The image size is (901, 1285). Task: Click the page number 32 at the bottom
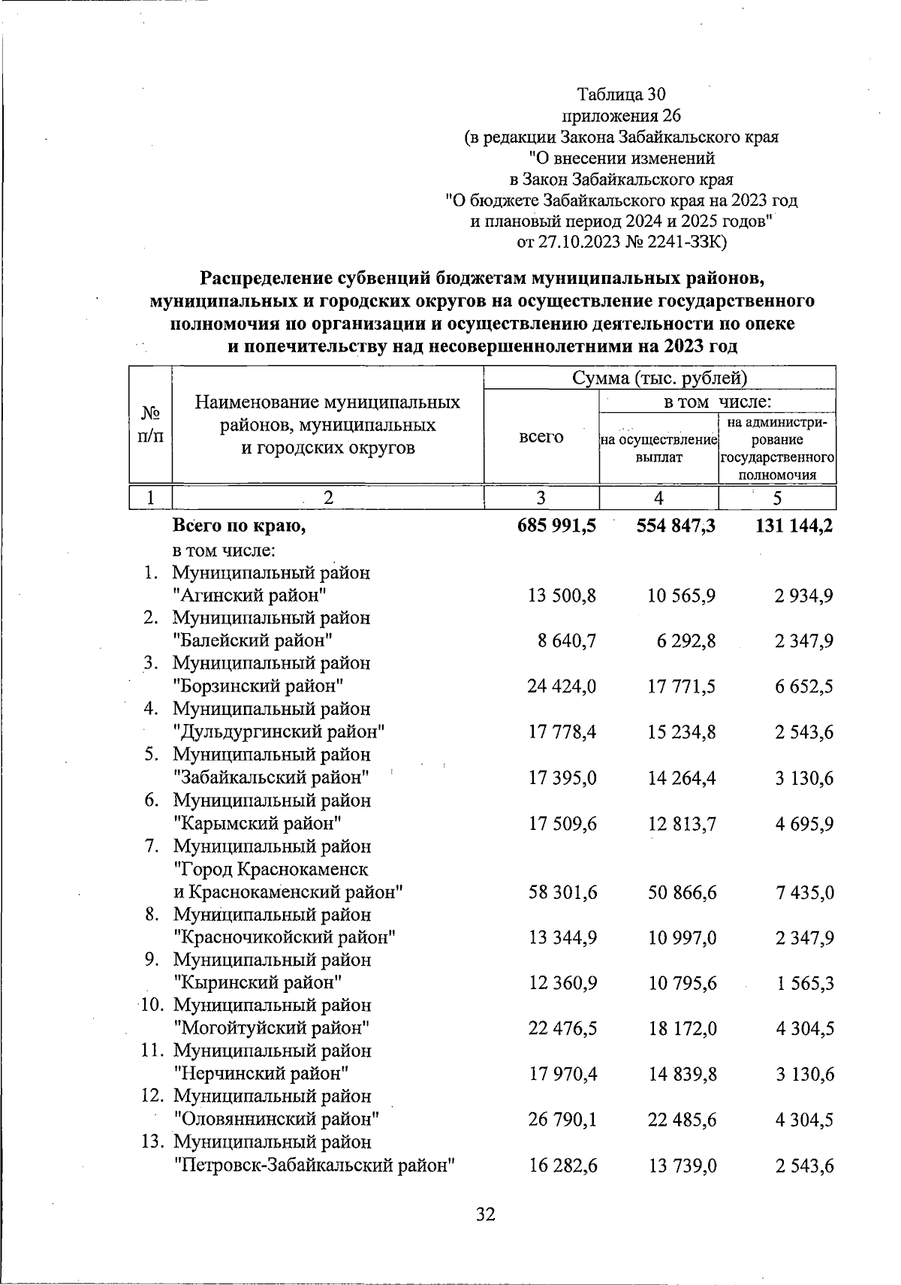(486, 1214)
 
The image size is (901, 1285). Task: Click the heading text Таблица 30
(621, 94)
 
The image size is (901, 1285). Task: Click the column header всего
(541, 436)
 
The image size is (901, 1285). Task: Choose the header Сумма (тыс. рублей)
(660, 378)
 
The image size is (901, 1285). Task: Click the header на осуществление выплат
(659, 448)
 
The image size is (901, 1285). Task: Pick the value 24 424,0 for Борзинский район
(562, 686)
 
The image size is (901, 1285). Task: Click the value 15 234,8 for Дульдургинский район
(682, 732)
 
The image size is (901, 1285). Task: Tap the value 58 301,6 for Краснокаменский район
(562, 893)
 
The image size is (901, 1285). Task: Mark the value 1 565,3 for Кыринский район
(805, 983)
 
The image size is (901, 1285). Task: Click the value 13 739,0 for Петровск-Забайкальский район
(682, 1166)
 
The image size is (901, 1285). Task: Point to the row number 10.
(154, 1005)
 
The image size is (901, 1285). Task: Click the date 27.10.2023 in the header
(578, 243)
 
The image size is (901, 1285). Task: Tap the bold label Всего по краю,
(239, 526)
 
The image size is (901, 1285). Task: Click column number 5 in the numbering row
(777, 499)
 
